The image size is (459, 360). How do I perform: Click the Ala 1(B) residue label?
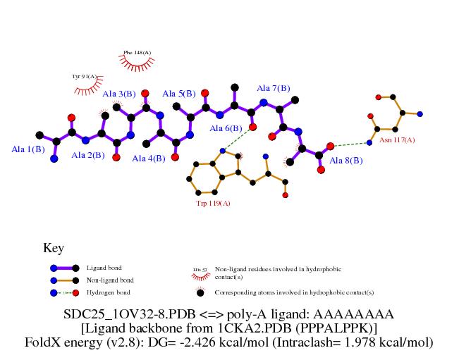[28, 149]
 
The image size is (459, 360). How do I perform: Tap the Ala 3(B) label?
[119, 94]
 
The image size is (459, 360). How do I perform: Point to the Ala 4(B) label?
[149, 159]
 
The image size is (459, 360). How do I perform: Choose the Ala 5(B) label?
[179, 94]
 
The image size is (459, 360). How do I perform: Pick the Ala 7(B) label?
[273, 88]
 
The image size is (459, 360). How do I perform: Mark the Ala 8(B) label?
[346, 161]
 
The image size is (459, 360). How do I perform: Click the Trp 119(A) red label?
[214, 203]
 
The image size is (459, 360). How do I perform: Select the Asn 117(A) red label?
[397, 140]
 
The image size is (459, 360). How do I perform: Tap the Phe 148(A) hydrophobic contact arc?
[137, 63]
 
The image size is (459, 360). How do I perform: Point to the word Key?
[54, 248]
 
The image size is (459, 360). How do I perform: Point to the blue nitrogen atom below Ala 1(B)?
[54, 159]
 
